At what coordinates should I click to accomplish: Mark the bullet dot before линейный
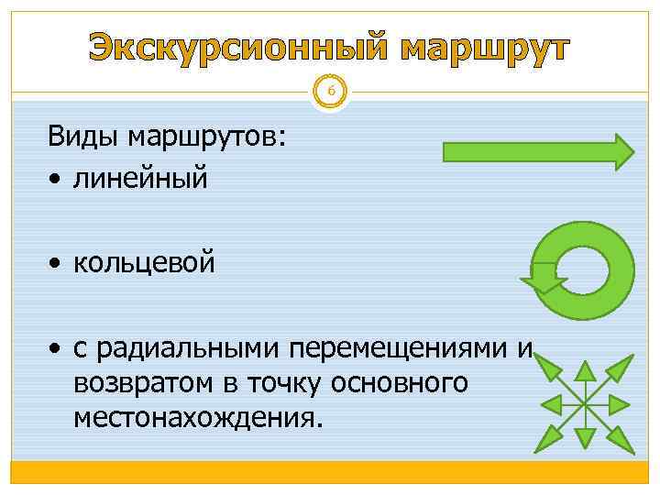(x=57, y=178)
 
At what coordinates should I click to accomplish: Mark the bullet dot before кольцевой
(x=57, y=265)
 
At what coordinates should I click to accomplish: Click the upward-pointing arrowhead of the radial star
(x=585, y=370)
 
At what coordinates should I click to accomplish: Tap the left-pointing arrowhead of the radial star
(x=550, y=404)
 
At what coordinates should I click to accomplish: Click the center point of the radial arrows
(x=585, y=404)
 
